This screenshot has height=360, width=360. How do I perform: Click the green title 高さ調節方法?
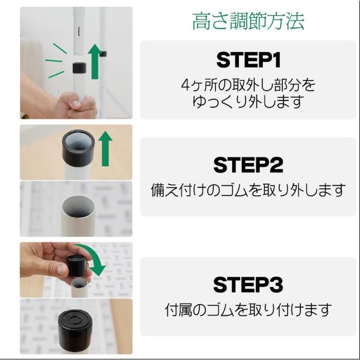tap(248, 22)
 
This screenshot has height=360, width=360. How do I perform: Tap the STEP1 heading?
tap(248, 60)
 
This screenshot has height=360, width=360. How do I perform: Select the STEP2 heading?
tap(248, 165)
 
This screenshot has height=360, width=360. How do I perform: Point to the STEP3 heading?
tap(248, 284)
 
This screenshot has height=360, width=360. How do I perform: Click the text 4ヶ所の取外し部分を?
tap(248, 85)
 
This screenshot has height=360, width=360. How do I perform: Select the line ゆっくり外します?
tap(248, 102)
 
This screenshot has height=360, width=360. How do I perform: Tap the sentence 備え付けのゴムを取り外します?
tap(248, 190)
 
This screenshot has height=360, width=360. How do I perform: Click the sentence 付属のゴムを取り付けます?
tap(248, 310)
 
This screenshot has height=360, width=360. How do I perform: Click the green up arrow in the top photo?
tap(95, 61)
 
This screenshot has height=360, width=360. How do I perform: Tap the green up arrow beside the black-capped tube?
tap(105, 148)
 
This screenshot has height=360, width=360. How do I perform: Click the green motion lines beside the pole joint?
tap(56, 61)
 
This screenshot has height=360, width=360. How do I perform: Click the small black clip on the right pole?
tap(103, 54)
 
